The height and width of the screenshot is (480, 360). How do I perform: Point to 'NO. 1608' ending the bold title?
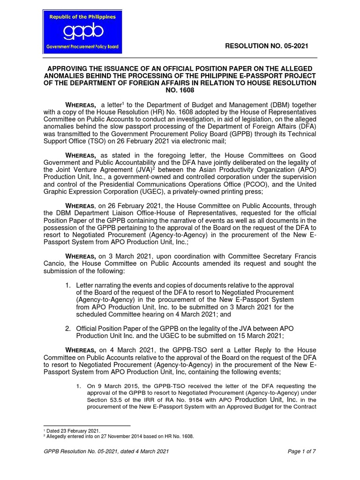[180, 90]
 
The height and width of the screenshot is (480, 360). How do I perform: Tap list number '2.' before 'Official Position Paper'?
[68, 329]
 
